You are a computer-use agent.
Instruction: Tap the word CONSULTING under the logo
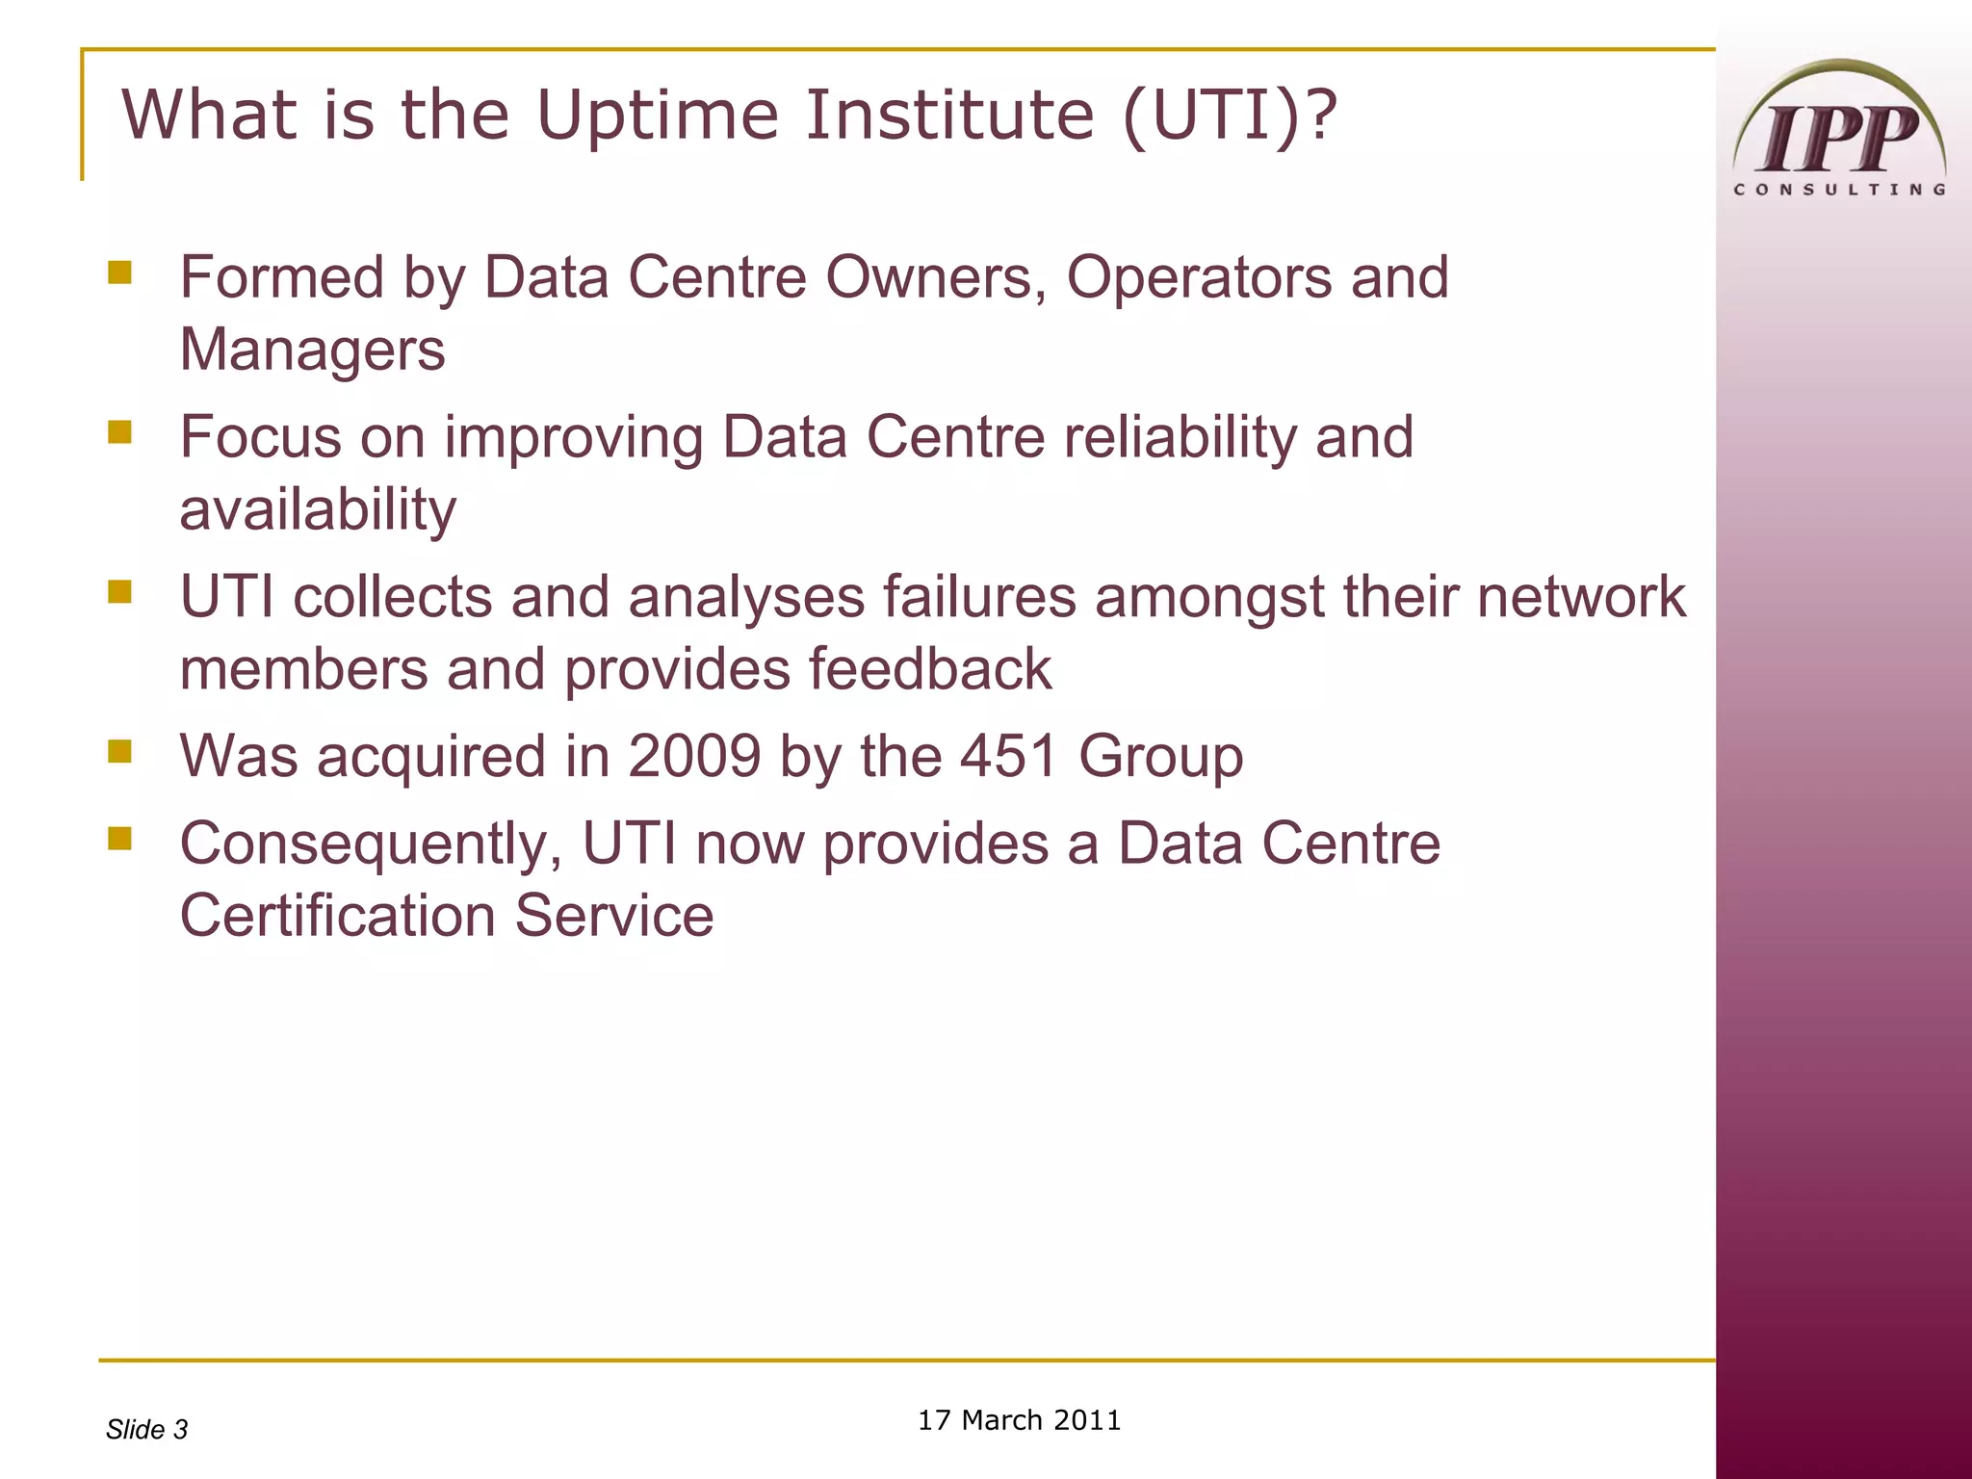point(1839,190)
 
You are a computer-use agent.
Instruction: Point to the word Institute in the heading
point(950,115)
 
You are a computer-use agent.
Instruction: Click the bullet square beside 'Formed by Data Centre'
point(119,272)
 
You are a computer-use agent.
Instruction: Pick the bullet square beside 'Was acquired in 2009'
point(119,751)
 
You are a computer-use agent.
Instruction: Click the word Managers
point(313,350)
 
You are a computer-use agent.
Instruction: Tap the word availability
point(318,510)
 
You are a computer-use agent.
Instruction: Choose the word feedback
point(930,669)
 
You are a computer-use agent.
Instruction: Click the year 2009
point(694,756)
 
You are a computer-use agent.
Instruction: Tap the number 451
point(1008,756)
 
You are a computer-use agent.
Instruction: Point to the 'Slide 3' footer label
point(146,1430)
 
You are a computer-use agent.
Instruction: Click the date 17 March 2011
point(1019,1420)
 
